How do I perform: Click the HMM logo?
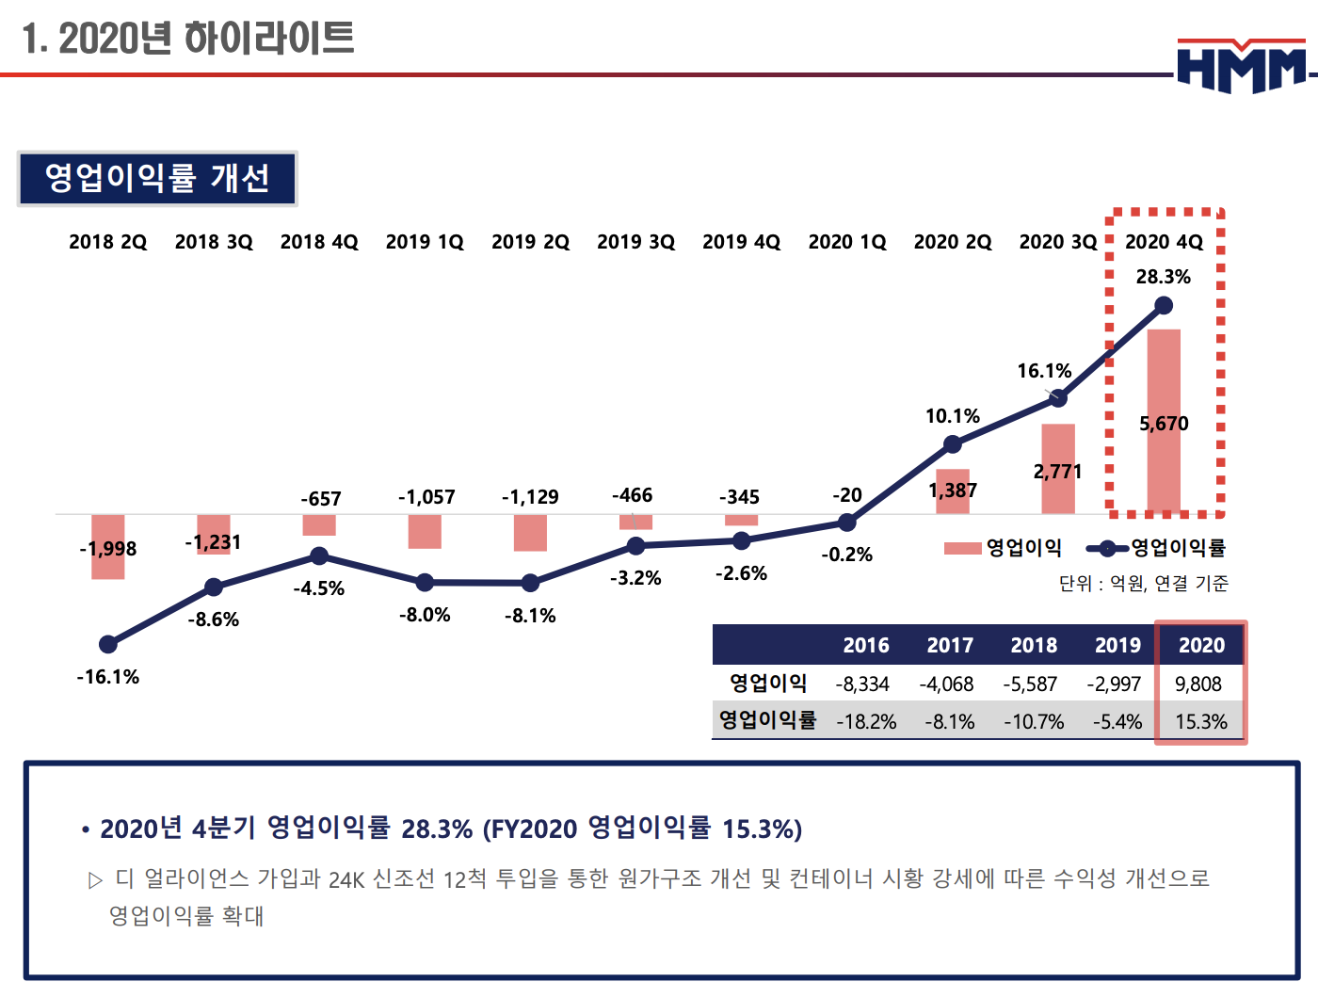1242,66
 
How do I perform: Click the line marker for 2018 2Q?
108,644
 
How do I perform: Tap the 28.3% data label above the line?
1163,277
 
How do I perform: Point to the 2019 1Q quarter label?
425,242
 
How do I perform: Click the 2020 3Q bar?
1058,468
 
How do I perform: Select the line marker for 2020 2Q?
953,443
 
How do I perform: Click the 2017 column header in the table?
950,646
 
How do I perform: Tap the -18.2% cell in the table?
866,722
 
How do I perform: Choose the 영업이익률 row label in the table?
767,721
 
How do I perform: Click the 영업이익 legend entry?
1004,548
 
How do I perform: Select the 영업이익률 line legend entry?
1157,548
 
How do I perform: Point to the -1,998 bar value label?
108,549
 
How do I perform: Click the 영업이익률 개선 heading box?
157,178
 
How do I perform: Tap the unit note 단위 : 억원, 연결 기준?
1143,584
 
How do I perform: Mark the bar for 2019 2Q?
530,533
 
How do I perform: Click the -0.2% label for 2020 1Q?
846,555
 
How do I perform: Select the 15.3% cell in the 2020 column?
1201,722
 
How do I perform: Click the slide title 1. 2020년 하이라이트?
188,39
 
